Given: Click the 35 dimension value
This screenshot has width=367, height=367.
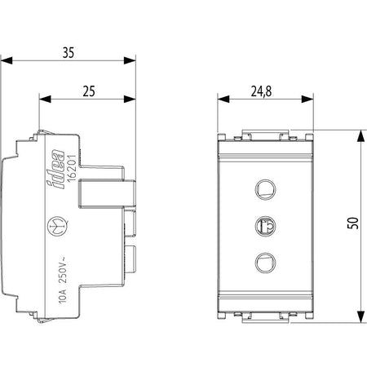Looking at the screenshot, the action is pyautogui.click(x=69, y=53).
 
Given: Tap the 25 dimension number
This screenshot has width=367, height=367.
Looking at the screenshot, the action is pyautogui.click(x=89, y=91).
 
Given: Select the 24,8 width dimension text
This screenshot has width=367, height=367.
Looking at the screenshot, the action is pyautogui.click(x=261, y=91).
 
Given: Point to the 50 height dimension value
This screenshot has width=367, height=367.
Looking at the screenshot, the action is pyautogui.click(x=353, y=223).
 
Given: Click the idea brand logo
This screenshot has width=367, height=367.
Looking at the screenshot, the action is pyautogui.click(x=56, y=169).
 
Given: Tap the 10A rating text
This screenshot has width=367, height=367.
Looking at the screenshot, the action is pyautogui.click(x=62, y=296).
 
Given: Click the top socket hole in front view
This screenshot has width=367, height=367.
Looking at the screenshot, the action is pyautogui.click(x=265, y=189).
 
